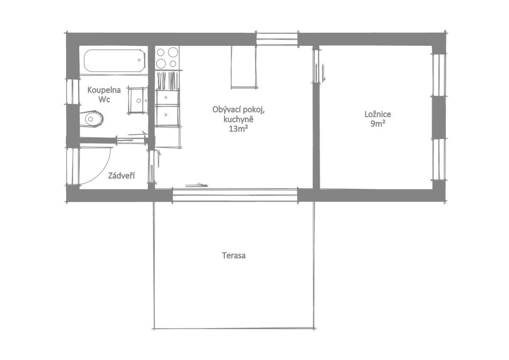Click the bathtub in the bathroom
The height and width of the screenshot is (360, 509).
click(114, 61)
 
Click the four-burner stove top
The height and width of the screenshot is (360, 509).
click(167, 58)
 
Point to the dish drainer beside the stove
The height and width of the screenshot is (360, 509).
click(168, 81)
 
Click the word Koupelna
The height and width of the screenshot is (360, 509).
click(104, 90)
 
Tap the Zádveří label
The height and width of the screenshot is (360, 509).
click(121, 175)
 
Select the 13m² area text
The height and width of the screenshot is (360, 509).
click(238, 129)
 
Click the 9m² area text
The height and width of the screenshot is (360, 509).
click(378, 124)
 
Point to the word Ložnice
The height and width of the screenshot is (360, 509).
click(378, 114)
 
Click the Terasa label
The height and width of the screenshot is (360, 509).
click(234, 256)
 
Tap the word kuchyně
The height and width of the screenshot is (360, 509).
click(238, 119)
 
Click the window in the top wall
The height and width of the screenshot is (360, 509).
click(277, 39)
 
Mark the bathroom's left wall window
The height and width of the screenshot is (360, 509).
click(73, 91)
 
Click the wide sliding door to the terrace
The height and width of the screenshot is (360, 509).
click(235, 195)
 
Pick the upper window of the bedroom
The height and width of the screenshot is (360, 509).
click(439, 75)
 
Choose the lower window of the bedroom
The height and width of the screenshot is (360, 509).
click(439, 159)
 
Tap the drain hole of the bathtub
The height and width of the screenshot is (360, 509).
click(139, 60)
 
